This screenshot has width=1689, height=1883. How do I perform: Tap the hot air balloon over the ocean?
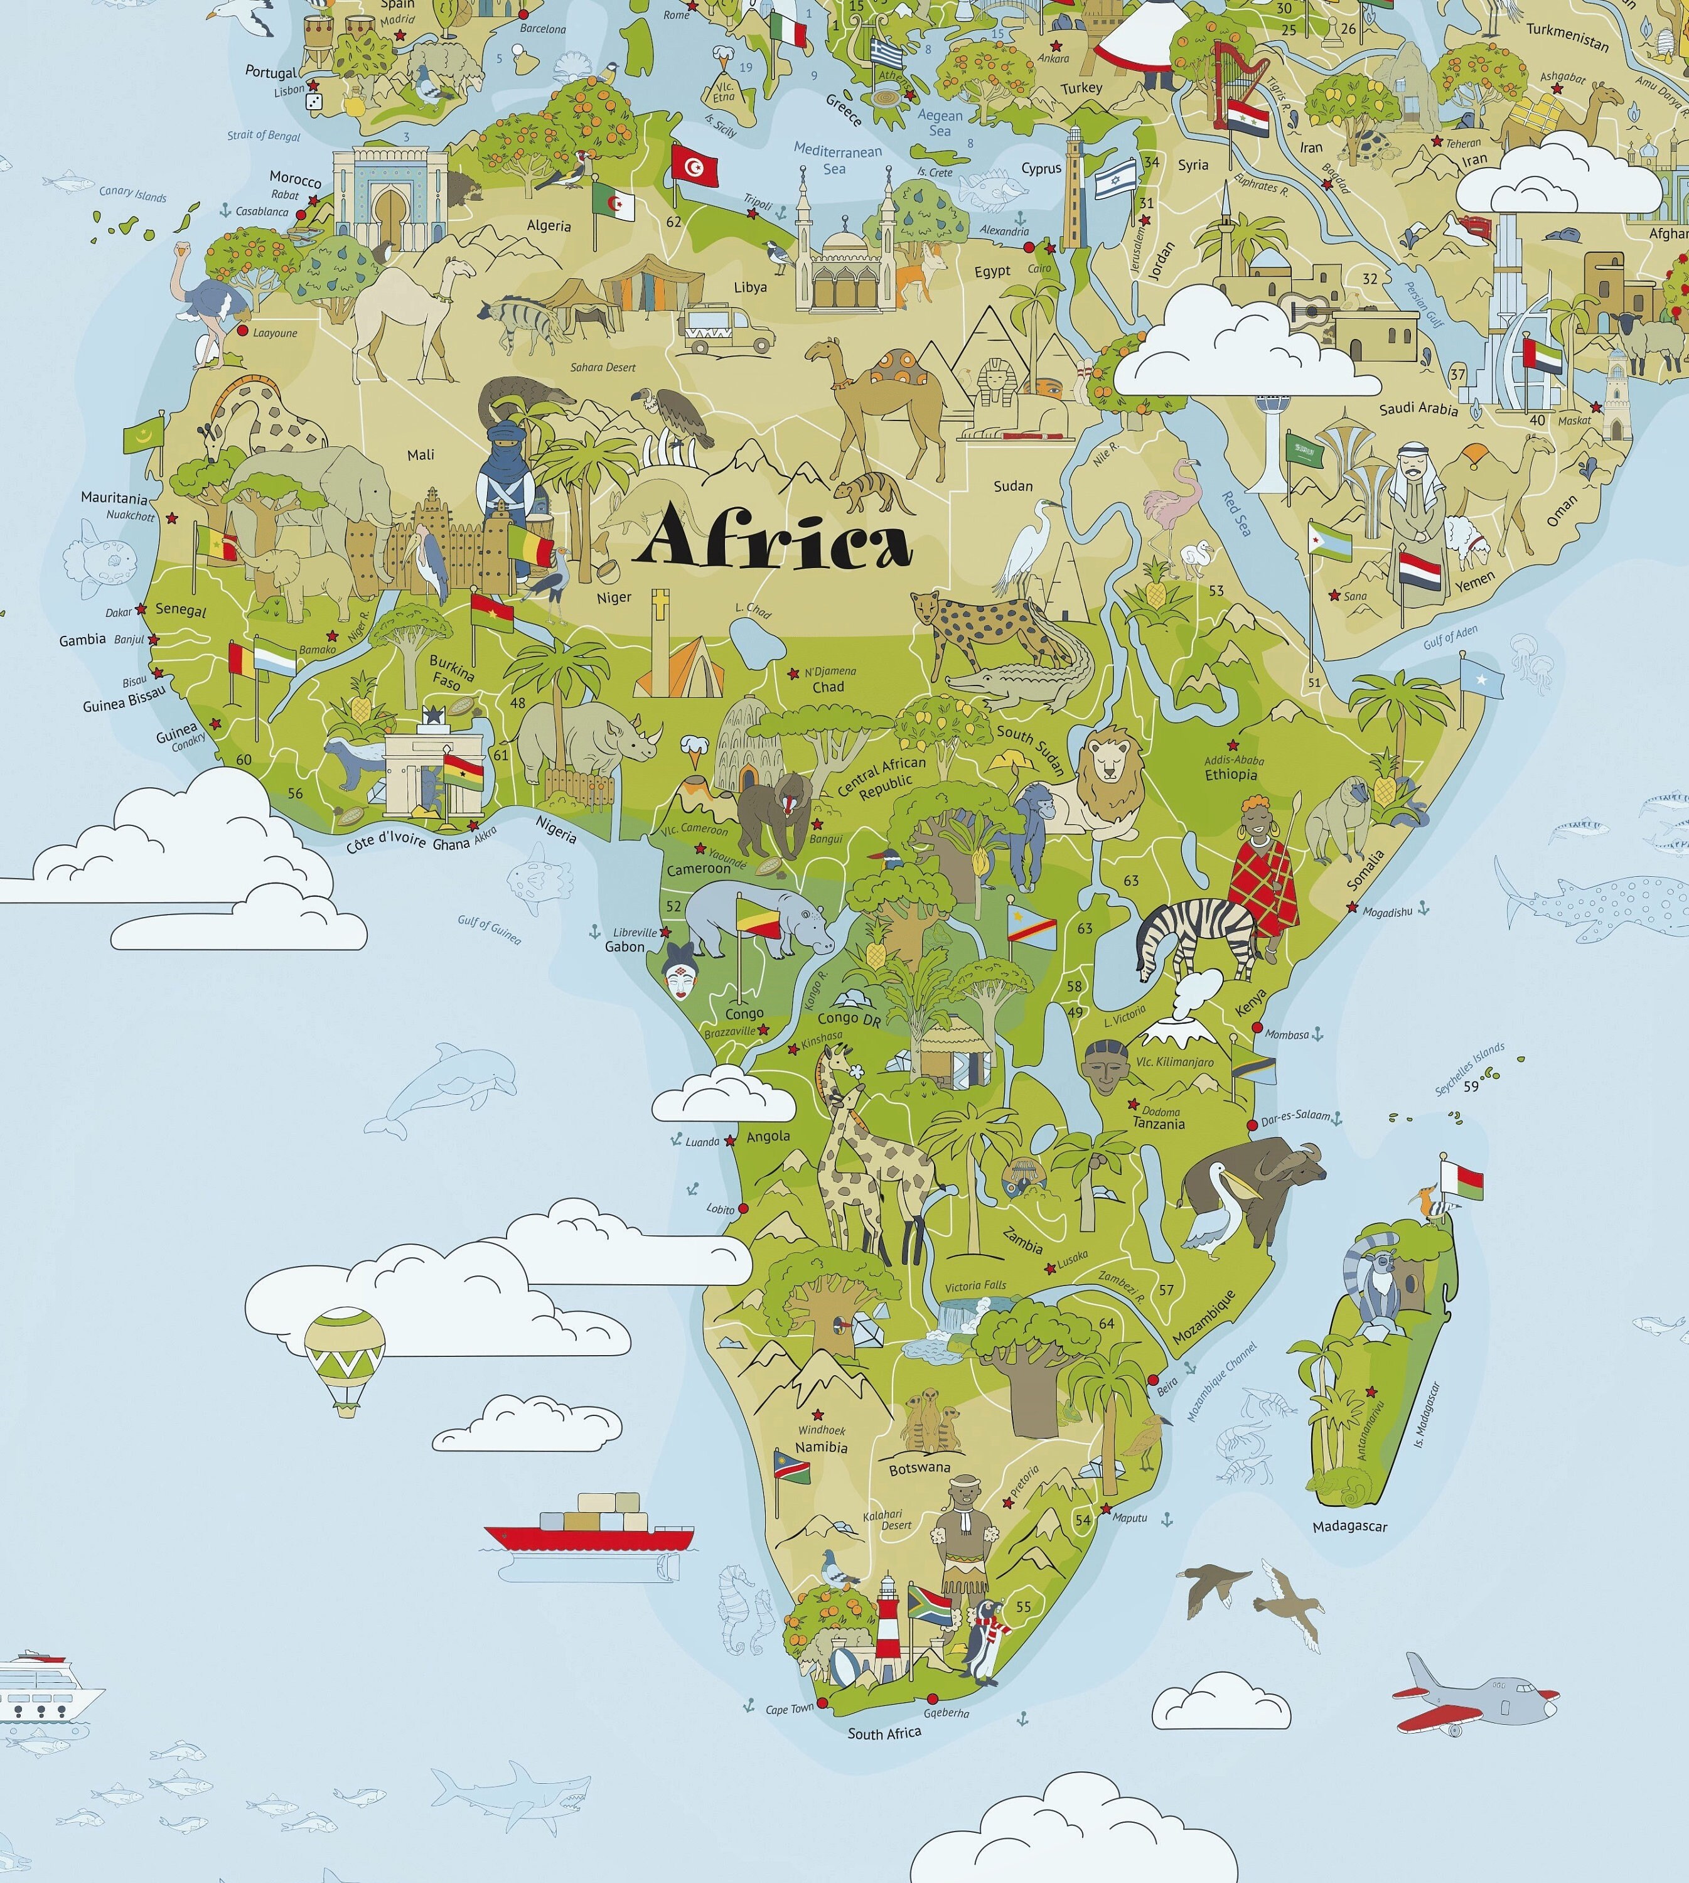click(345, 1360)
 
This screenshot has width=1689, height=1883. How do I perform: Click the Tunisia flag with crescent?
click(692, 165)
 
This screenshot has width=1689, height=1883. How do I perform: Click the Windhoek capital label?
click(822, 1429)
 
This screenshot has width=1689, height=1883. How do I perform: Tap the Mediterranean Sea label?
click(837, 159)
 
